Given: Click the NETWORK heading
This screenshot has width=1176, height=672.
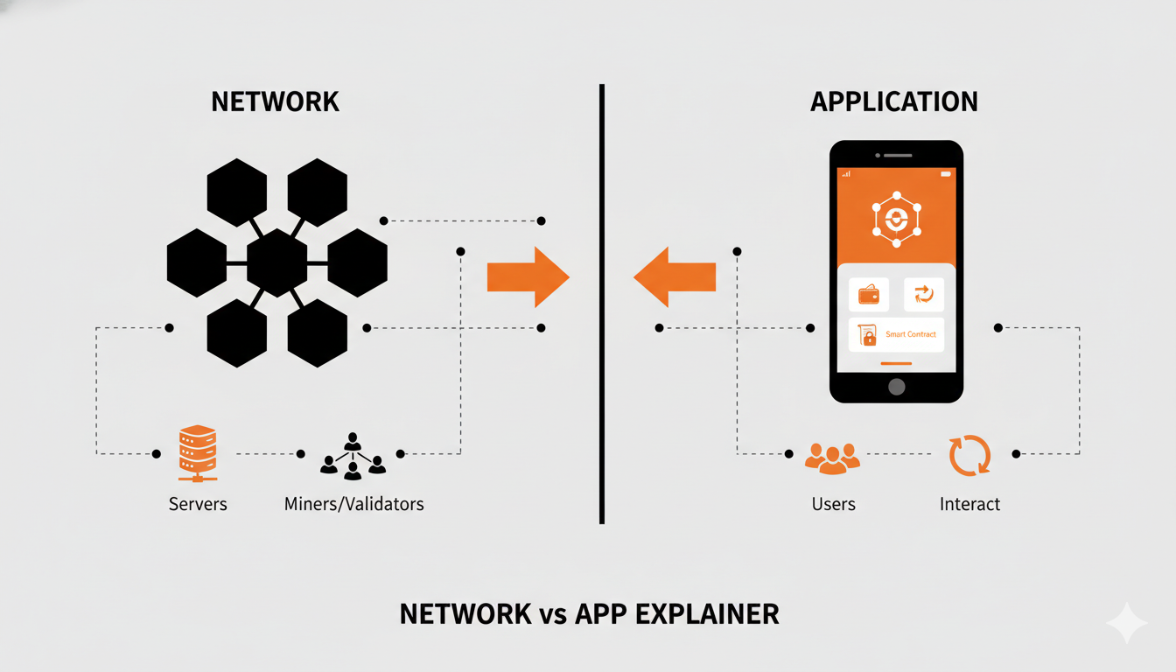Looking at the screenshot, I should pyautogui.click(x=275, y=101).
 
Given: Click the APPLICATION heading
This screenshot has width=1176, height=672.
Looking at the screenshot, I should pyautogui.click(x=894, y=101).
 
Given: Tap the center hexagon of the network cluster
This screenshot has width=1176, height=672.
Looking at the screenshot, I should pyautogui.click(x=276, y=263).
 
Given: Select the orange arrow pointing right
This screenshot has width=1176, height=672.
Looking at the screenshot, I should pyautogui.click(x=528, y=276).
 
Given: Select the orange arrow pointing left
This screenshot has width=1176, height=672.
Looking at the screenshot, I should pyautogui.click(x=675, y=276).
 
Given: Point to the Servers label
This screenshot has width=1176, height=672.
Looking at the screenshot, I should pyautogui.click(x=198, y=504).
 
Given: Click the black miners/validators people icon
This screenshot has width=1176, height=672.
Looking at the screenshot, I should pyautogui.click(x=353, y=455).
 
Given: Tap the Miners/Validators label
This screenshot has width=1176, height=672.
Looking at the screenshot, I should pyautogui.click(x=353, y=504).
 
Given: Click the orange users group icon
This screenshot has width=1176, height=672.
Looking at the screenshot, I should pyautogui.click(x=832, y=458).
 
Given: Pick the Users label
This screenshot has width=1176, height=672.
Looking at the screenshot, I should pyautogui.click(x=833, y=504).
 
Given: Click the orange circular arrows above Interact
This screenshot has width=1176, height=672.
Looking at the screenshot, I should pyautogui.click(x=969, y=456).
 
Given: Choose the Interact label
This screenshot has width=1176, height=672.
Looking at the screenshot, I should pyautogui.click(x=969, y=504).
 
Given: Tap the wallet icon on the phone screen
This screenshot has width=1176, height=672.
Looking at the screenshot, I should pyautogui.click(x=869, y=295).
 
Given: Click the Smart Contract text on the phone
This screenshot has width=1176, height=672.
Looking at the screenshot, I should pyautogui.click(x=910, y=334).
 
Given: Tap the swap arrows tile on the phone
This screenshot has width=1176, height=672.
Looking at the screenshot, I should pyautogui.click(x=923, y=295).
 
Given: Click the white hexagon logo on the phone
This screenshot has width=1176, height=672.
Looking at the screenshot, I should pyautogui.click(x=896, y=219).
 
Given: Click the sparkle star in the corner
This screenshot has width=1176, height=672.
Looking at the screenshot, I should pyautogui.click(x=1125, y=623).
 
